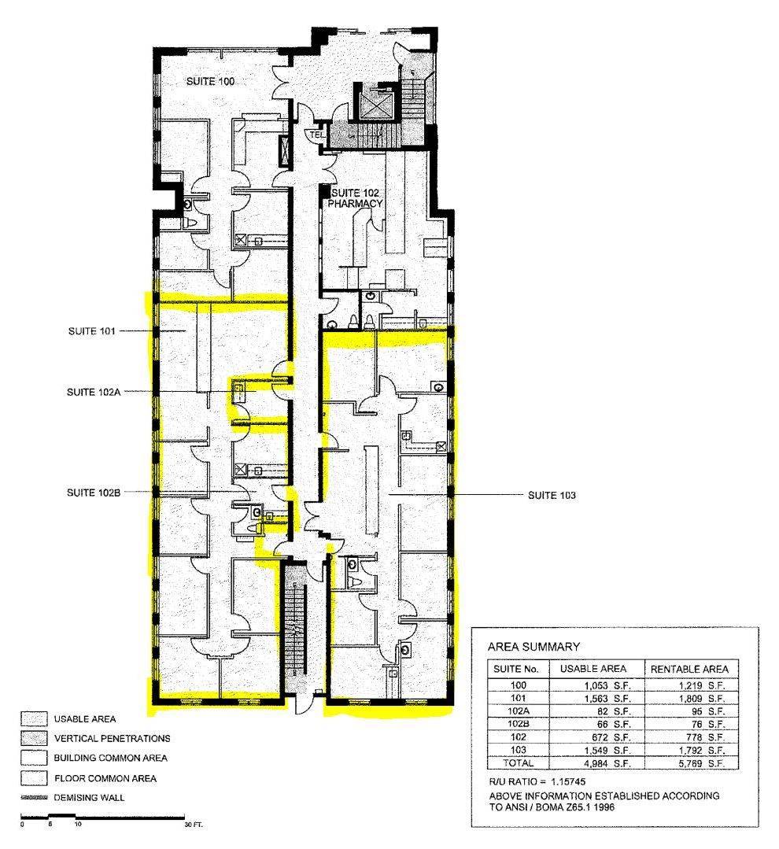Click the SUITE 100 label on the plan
[x=210, y=81]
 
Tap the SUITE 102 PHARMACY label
[x=355, y=198]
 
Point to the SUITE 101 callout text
[x=91, y=330]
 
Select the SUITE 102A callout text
[x=94, y=392]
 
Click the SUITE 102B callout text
[x=94, y=493]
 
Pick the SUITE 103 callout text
[x=552, y=495]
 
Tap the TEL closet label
[x=316, y=134]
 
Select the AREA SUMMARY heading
[x=533, y=647]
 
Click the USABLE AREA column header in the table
[x=593, y=669]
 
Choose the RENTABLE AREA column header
[x=689, y=670]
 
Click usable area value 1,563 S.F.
[x=607, y=699]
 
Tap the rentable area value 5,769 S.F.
[x=702, y=763]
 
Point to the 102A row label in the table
[x=518, y=711]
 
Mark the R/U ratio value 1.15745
[x=568, y=781]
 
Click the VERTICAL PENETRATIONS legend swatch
[x=34, y=738]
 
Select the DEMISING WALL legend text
[x=89, y=798]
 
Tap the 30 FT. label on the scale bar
[x=194, y=825]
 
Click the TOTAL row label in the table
[x=518, y=763]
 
